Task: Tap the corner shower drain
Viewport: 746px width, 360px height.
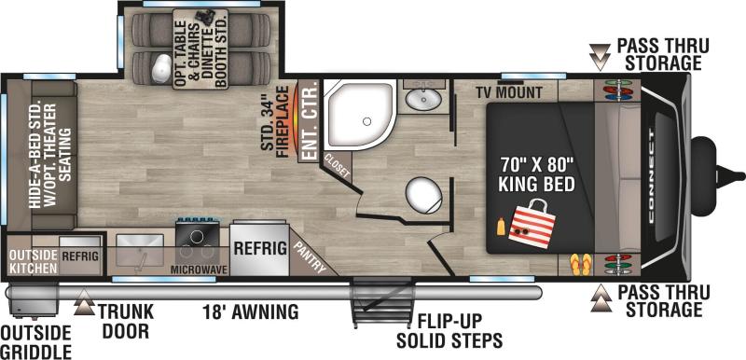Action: pyautogui.click(x=366, y=121)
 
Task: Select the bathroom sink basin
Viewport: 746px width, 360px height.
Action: pyautogui.click(x=423, y=99)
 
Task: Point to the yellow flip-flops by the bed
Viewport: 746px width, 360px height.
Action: pyautogui.click(x=581, y=264)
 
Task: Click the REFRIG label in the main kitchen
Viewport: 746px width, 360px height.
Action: pyautogui.click(x=260, y=248)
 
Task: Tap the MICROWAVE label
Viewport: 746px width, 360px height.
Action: pyautogui.click(x=199, y=270)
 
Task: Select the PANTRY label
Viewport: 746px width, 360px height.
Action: pyautogui.click(x=311, y=257)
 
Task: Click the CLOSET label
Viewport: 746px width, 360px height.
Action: pyautogui.click(x=338, y=166)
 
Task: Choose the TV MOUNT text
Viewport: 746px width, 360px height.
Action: pyautogui.click(x=509, y=92)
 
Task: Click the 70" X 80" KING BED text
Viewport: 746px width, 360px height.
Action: pyautogui.click(x=537, y=174)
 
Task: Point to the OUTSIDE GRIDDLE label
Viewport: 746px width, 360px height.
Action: pyautogui.click(x=35, y=342)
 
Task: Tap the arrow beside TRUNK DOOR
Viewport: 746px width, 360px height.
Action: pyautogui.click(x=84, y=302)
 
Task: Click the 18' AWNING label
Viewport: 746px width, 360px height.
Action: pyautogui.click(x=251, y=312)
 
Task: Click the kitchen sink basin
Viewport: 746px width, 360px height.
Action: pyautogui.click(x=140, y=250)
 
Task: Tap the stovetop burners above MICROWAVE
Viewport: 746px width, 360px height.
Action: pyautogui.click(x=198, y=243)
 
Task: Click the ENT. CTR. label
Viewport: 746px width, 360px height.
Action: pyautogui.click(x=310, y=122)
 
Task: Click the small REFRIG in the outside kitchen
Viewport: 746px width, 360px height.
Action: pyautogui.click(x=80, y=256)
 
